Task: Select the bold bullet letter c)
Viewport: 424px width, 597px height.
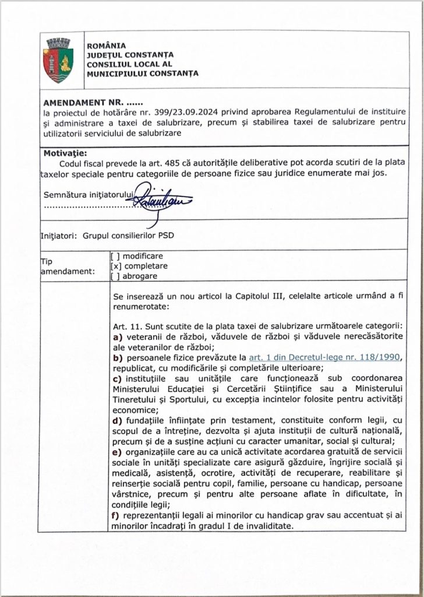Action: [x=116, y=380]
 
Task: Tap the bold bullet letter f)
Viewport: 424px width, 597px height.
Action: [x=116, y=516]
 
